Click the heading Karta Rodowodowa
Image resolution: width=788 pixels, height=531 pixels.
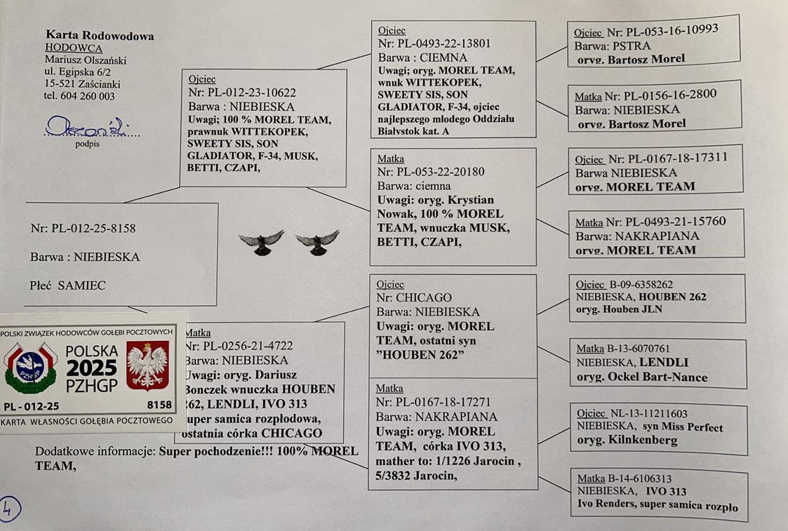[100, 36]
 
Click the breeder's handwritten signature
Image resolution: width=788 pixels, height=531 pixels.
[78, 127]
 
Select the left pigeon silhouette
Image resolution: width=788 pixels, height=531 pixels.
[261, 241]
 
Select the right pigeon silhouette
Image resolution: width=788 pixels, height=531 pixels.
[317, 241]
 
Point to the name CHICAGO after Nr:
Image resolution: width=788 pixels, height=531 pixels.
[425, 297]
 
